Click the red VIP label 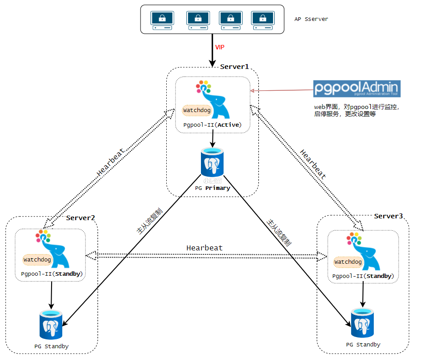(220, 47)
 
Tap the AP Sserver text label (311, 20)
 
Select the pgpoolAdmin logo (357, 88)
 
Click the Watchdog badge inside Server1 (197, 109)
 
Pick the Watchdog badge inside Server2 (37, 259)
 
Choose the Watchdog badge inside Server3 (348, 262)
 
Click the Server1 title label (234, 67)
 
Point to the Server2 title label (80, 218)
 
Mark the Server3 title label (388, 216)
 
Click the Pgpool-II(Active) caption (212, 125)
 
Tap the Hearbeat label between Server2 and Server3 (204, 248)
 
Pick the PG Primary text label (212, 188)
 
